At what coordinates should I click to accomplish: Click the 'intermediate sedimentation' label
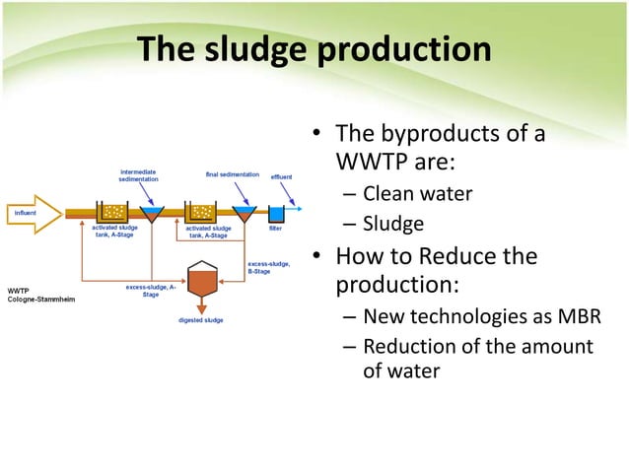pos(137,176)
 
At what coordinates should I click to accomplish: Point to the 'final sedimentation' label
pos(232,174)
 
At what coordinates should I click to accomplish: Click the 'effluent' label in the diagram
pos(281,176)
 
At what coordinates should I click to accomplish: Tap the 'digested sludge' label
pos(200,320)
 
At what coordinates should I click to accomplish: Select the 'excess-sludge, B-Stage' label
pos(267,267)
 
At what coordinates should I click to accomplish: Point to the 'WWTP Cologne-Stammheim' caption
pos(35,295)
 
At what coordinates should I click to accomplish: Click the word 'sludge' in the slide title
pos(255,49)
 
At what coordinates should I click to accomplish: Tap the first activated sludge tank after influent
pos(112,213)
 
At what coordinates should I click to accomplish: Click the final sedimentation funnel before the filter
pos(242,214)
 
